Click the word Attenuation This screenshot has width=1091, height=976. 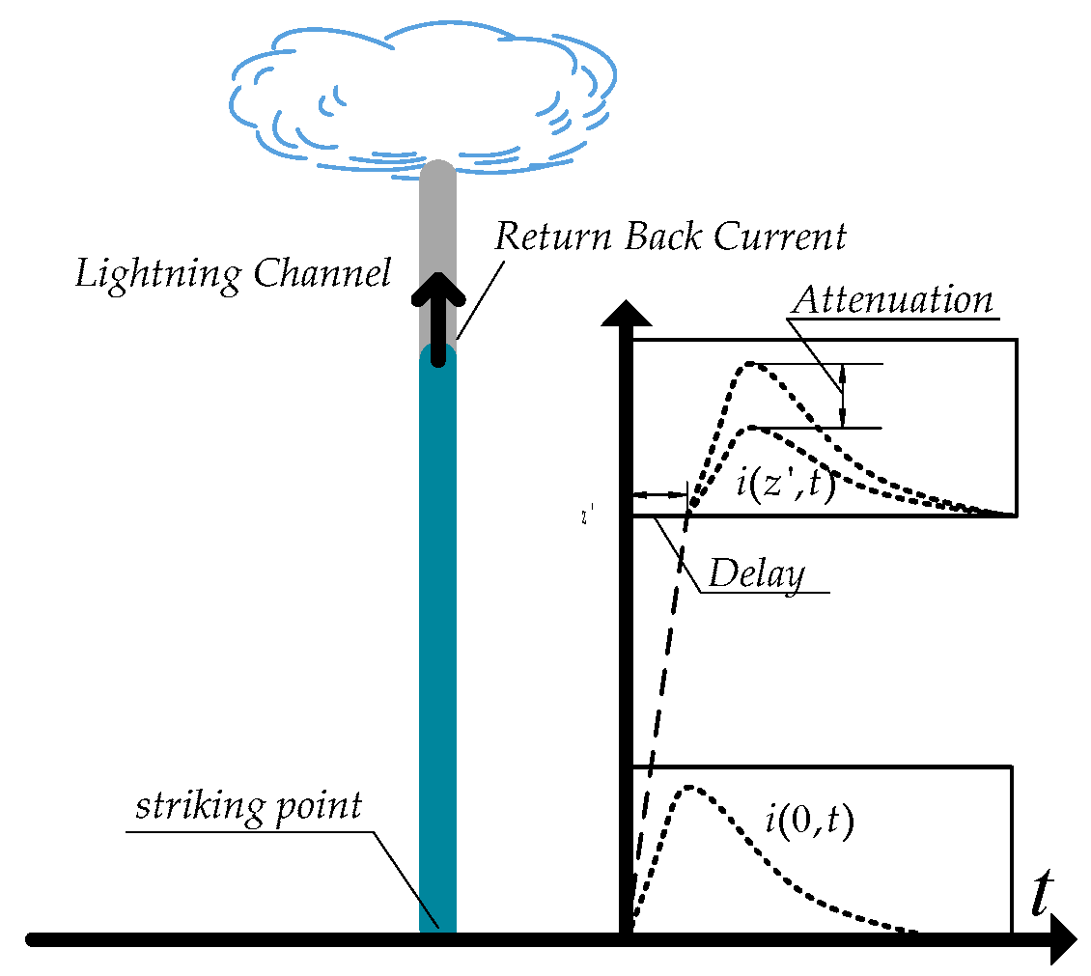(x=892, y=299)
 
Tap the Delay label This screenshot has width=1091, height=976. (x=756, y=574)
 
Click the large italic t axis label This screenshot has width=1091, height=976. (x=1040, y=895)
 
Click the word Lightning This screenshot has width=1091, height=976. (x=159, y=274)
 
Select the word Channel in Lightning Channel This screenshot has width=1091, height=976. (x=322, y=274)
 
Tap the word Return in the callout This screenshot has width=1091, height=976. (x=552, y=236)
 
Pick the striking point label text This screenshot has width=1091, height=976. (x=248, y=805)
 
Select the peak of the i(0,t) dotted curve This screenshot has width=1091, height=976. (x=689, y=787)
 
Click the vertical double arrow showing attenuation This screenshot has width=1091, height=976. (x=843, y=396)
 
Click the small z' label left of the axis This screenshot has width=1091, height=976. (x=585, y=517)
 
